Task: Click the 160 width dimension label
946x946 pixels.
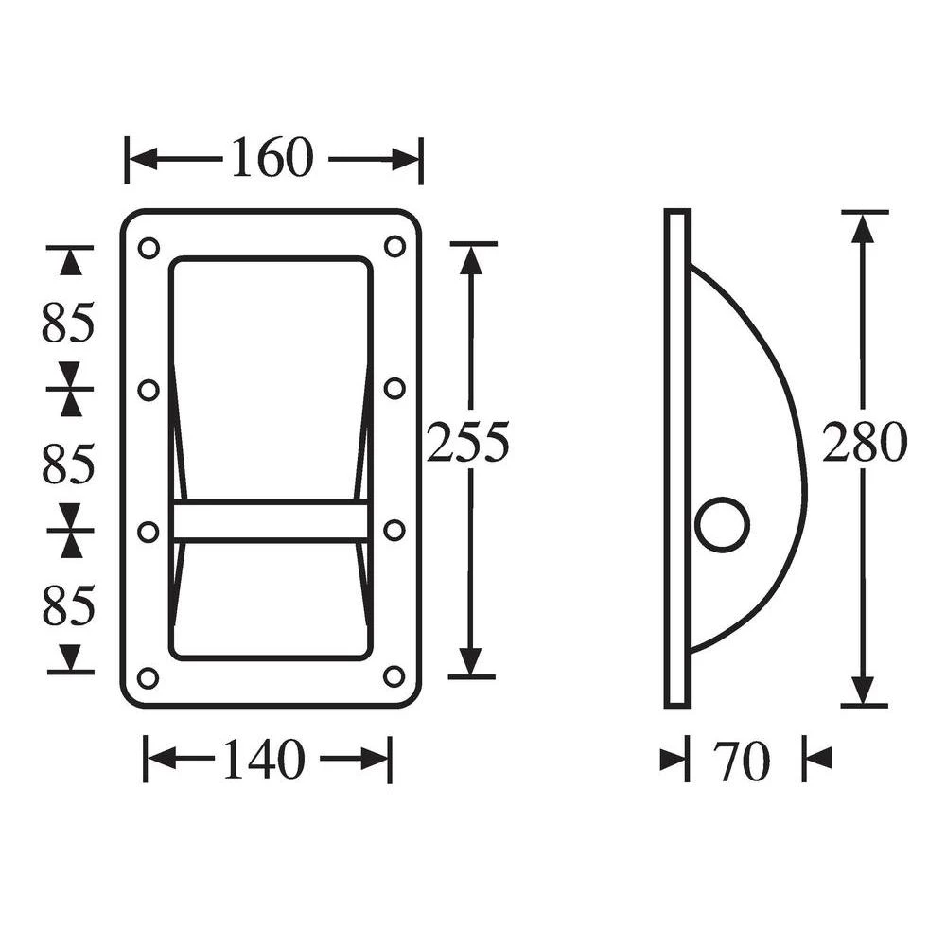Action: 272,158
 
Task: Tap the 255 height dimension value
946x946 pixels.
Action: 467,443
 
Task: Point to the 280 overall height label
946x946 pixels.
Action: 864,443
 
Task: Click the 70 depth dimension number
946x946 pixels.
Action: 743,762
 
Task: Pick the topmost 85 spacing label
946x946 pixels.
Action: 68,324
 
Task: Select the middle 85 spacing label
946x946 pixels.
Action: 68,464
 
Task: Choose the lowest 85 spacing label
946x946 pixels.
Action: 68,606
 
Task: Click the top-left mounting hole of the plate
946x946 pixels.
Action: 149,248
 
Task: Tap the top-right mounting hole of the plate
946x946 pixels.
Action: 394,246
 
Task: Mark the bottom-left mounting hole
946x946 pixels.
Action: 149,677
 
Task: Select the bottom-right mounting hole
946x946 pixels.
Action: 394,676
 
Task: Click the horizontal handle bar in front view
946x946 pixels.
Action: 271,520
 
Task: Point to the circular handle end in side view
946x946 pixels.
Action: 723,524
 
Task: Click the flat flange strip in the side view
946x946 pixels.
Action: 676,458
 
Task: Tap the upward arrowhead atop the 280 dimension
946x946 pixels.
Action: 862,227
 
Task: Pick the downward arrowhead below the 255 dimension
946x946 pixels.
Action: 471,662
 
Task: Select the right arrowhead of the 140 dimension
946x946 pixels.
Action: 377,759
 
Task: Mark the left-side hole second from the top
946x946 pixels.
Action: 149,389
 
